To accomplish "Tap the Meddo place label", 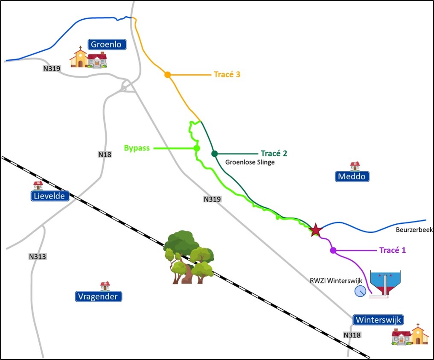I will tap(352, 176).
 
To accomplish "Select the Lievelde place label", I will tap(50, 196).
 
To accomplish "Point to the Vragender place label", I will tap(99, 296).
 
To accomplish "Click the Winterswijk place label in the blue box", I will tap(378, 320).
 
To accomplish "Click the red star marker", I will tap(315, 230).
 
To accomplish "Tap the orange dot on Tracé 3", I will tap(168, 75).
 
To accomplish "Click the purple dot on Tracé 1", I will tap(333, 250).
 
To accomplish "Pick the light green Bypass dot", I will tap(197, 148).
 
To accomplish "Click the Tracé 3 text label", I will tap(227, 74).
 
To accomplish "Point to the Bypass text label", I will tap(138, 148).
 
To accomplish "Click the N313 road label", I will tap(38, 257).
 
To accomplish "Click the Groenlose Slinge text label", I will tap(250, 162).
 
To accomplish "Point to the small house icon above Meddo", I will tap(355, 166).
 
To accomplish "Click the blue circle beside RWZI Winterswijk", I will tap(360, 291).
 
